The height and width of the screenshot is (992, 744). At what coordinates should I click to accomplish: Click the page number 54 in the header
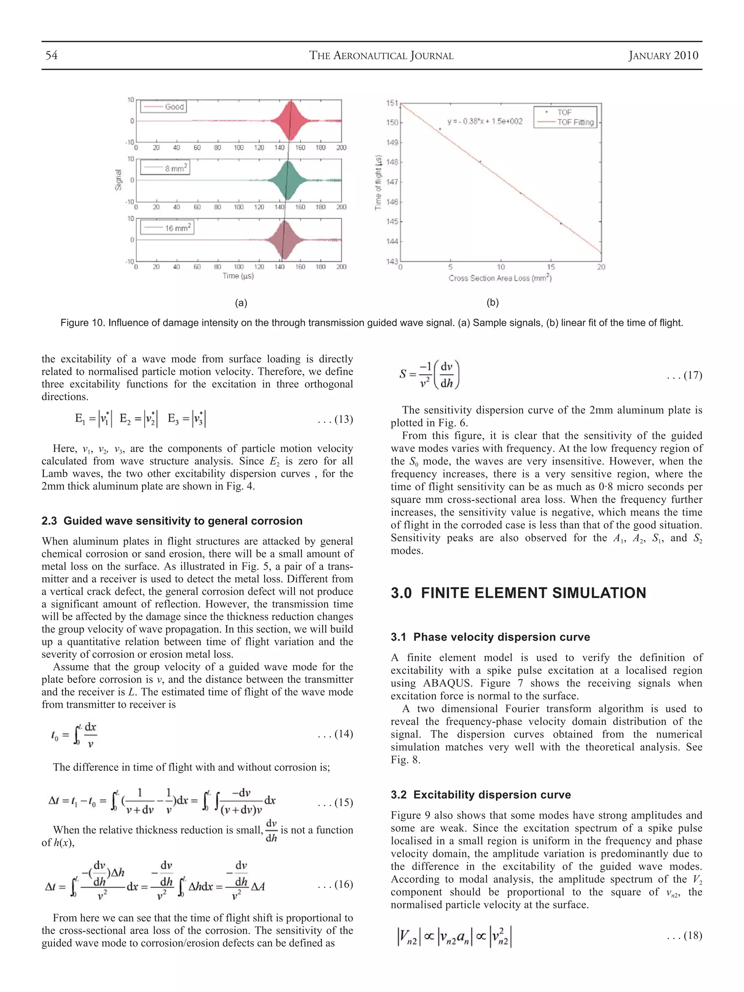52,56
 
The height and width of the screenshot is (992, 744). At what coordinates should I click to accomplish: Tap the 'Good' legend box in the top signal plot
163,107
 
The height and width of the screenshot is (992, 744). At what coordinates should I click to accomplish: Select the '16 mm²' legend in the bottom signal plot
167,228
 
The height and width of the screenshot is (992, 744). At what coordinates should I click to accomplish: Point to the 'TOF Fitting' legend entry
575,122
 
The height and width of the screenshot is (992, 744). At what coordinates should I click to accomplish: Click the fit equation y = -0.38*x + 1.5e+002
485,122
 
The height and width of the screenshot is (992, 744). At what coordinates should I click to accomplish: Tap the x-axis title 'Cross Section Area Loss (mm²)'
500,278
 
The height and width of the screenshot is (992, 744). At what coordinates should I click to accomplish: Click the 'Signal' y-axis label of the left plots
118,180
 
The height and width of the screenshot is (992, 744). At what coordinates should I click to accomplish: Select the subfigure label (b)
492,303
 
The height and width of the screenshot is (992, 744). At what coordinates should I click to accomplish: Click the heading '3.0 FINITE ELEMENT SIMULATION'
518,593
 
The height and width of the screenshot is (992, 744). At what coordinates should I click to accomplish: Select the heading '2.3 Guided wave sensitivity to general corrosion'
172,521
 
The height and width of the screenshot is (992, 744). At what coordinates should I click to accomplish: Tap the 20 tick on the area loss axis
601,267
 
